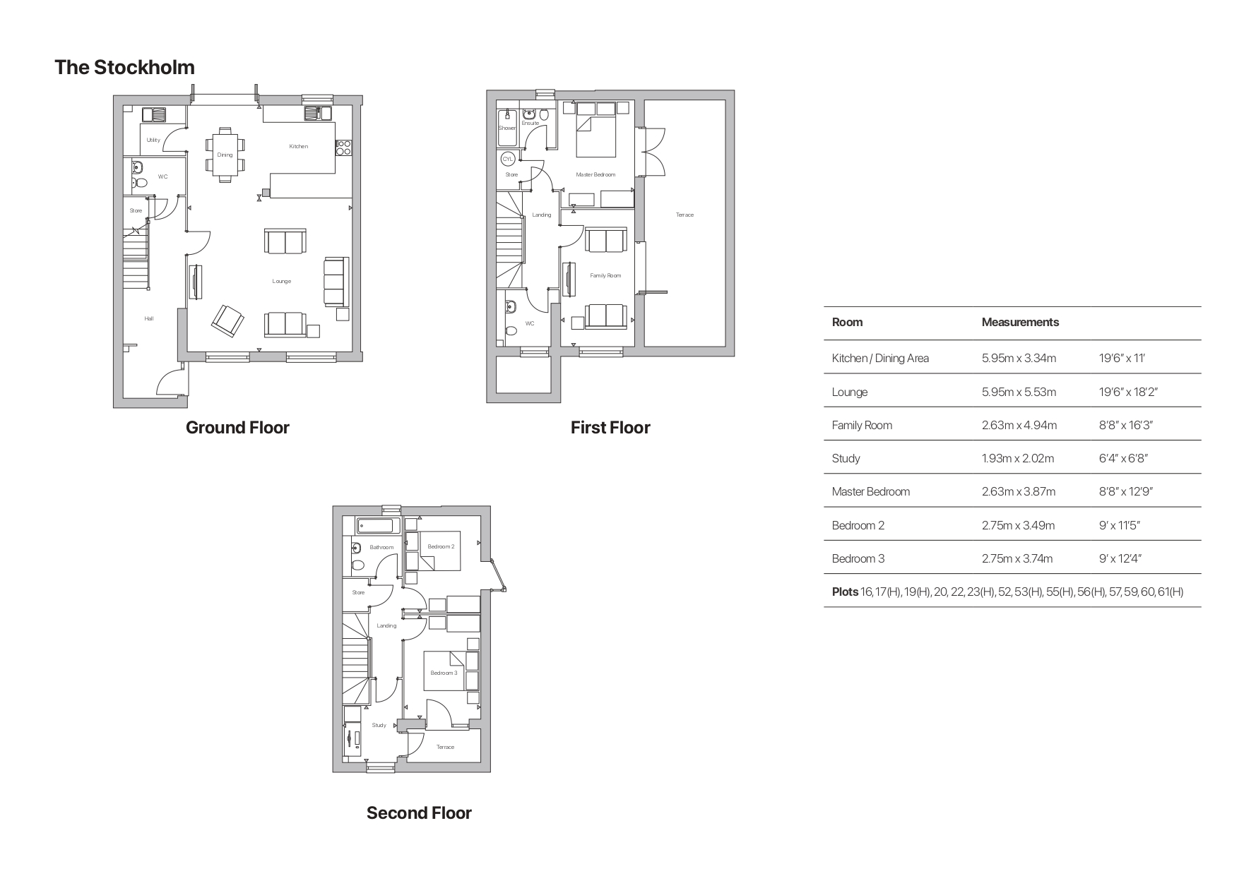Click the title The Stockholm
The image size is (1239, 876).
click(124, 67)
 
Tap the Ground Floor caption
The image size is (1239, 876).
click(237, 427)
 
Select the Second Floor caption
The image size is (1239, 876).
click(418, 812)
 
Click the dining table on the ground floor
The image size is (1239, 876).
click(225, 155)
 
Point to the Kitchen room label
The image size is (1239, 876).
click(299, 146)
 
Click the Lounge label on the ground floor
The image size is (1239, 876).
click(281, 281)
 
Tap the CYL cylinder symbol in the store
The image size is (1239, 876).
click(508, 160)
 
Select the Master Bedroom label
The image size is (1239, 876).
click(595, 174)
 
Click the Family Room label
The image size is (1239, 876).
click(605, 275)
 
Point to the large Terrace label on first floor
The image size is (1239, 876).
click(684, 215)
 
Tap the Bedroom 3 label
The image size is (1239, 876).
click(444, 673)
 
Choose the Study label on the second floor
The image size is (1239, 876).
click(379, 725)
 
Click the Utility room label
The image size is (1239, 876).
click(153, 140)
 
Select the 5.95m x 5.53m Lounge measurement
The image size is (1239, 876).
click(1019, 392)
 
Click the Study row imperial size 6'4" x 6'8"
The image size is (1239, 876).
click(1122, 458)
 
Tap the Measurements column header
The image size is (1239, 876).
click(1020, 322)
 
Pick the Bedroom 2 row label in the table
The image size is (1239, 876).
click(858, 525)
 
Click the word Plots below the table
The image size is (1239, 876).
click(845, 592)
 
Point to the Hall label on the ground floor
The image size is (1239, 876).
click(149, 318)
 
